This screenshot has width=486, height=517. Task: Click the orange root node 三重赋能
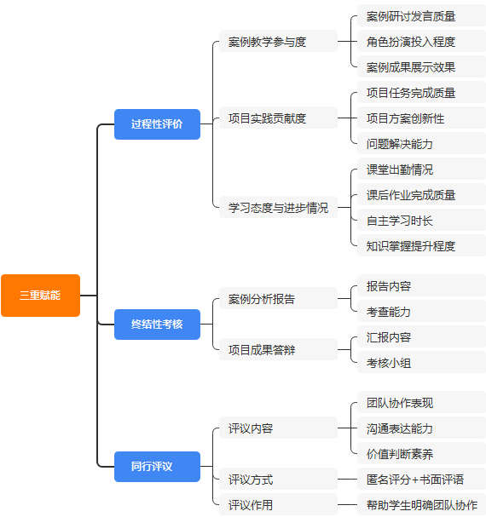(40, 296)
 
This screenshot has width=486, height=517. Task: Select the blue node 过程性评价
(157, 124)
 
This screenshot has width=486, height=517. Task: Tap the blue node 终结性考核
(157, 324)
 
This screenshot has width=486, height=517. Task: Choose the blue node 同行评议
(157, 467)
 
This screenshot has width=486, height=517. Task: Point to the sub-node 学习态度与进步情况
(278, 208)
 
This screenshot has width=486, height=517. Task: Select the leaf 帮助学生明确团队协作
(420, 505)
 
